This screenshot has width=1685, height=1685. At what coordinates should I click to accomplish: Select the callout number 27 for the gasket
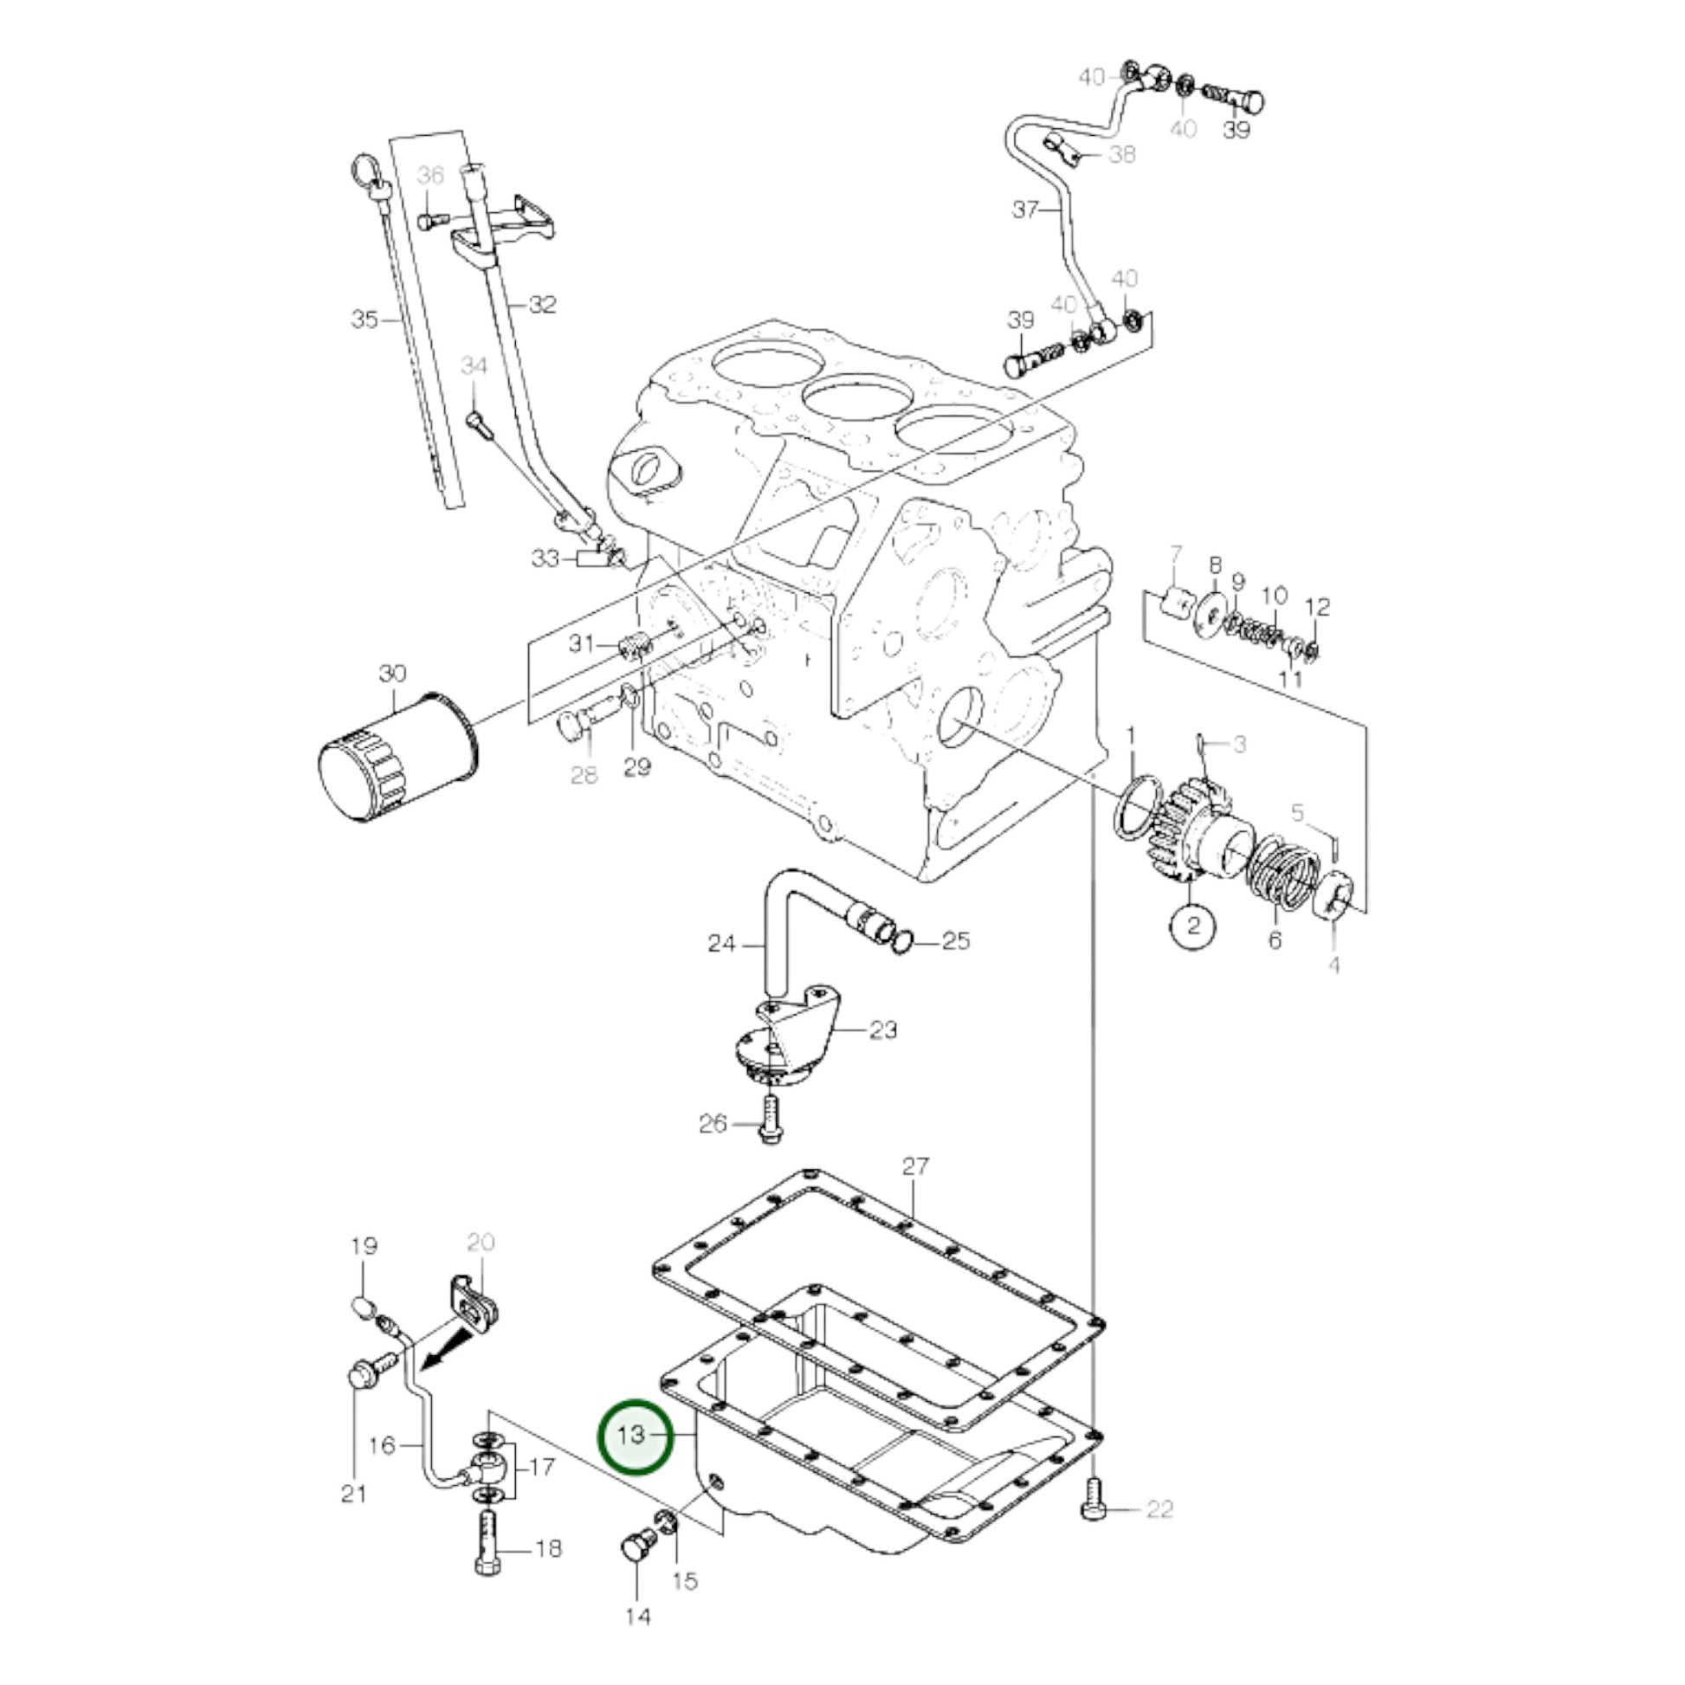(915, 1166)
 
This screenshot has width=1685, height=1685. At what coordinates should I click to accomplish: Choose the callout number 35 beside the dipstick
(365, 320)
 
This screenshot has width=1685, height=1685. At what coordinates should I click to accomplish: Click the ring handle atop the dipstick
(362, 165)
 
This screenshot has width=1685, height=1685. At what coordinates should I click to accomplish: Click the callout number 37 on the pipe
(1025, 210)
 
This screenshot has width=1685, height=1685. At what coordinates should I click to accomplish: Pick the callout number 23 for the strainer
(882, 1030)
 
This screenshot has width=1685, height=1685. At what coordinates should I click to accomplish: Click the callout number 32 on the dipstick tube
(542, 305)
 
